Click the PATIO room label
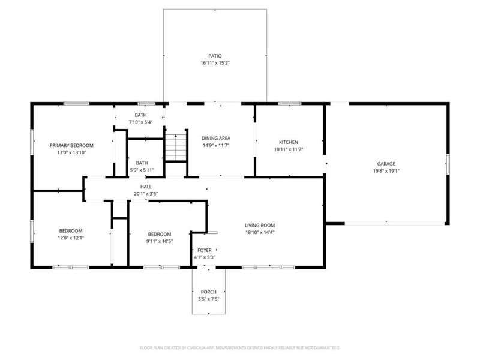coord(215,56)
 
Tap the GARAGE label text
coord(386,164)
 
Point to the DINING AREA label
coord(215,138)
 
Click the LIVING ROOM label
coord(260,226)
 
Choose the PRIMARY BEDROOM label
coord(71,145)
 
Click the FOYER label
coord(204,250)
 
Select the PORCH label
coord(208,292)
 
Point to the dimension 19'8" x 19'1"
coord(386,170)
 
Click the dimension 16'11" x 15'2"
coord(215,63)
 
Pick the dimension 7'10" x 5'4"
coord(141,122)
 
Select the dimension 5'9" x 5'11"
coord(142,170)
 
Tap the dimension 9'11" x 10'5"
coord(160,241)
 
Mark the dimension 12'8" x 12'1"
coord(71,238)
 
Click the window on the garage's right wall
coord(448,164)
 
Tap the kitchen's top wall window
coord(290,104)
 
